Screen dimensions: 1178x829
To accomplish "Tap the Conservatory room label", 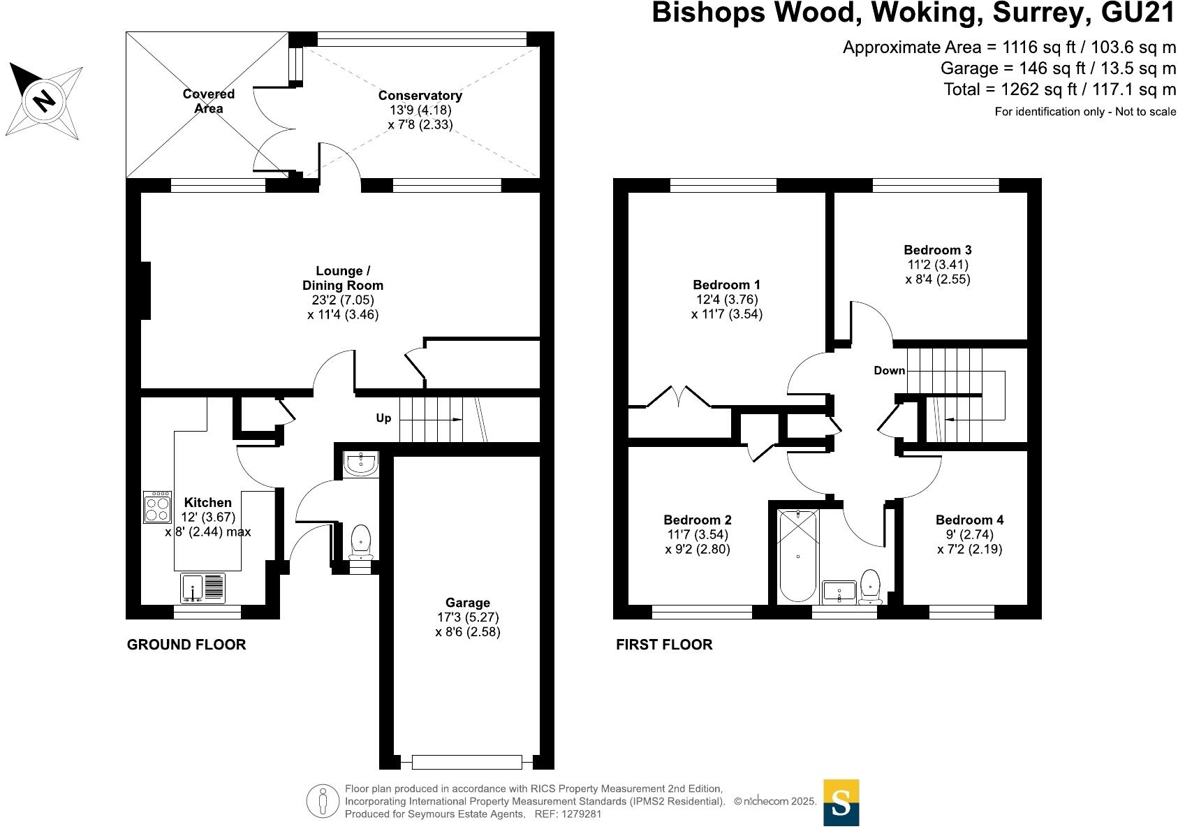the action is [420, 96].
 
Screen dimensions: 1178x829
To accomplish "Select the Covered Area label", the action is [208, 101].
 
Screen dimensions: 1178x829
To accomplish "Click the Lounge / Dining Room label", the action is [342, 278].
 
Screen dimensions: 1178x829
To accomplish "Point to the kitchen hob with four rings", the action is [157, 508].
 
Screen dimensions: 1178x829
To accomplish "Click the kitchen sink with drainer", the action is [203, 588].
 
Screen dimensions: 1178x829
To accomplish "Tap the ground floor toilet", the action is [360, 540].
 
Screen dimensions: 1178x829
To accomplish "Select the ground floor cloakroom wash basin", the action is [361, 462].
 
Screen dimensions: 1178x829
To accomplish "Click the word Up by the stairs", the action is [383, 418].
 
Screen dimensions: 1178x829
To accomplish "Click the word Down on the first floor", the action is [889, 370].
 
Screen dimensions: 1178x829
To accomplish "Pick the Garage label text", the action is [467, 603].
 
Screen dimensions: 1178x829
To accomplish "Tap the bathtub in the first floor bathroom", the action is [797, 557].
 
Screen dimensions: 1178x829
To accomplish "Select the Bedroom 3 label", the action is [937, 250].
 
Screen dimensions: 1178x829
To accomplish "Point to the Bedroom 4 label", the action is [969, 520].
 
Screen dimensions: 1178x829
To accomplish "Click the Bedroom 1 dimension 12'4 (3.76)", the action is [726, 300].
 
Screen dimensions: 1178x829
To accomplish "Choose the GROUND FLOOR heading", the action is [186, 645].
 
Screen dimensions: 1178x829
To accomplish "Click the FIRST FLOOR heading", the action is [664, 645].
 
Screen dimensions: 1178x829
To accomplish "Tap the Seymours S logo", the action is [841, 802].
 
